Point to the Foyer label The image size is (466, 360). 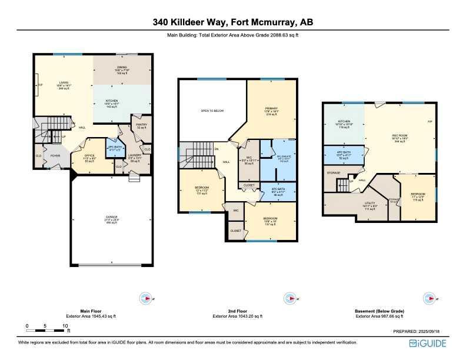click(55, 156)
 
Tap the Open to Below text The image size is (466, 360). click(212, 111)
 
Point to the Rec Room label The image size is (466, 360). click(400, 135)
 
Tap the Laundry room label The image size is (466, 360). click(135, 156)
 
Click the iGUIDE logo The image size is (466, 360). click(429, 343)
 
